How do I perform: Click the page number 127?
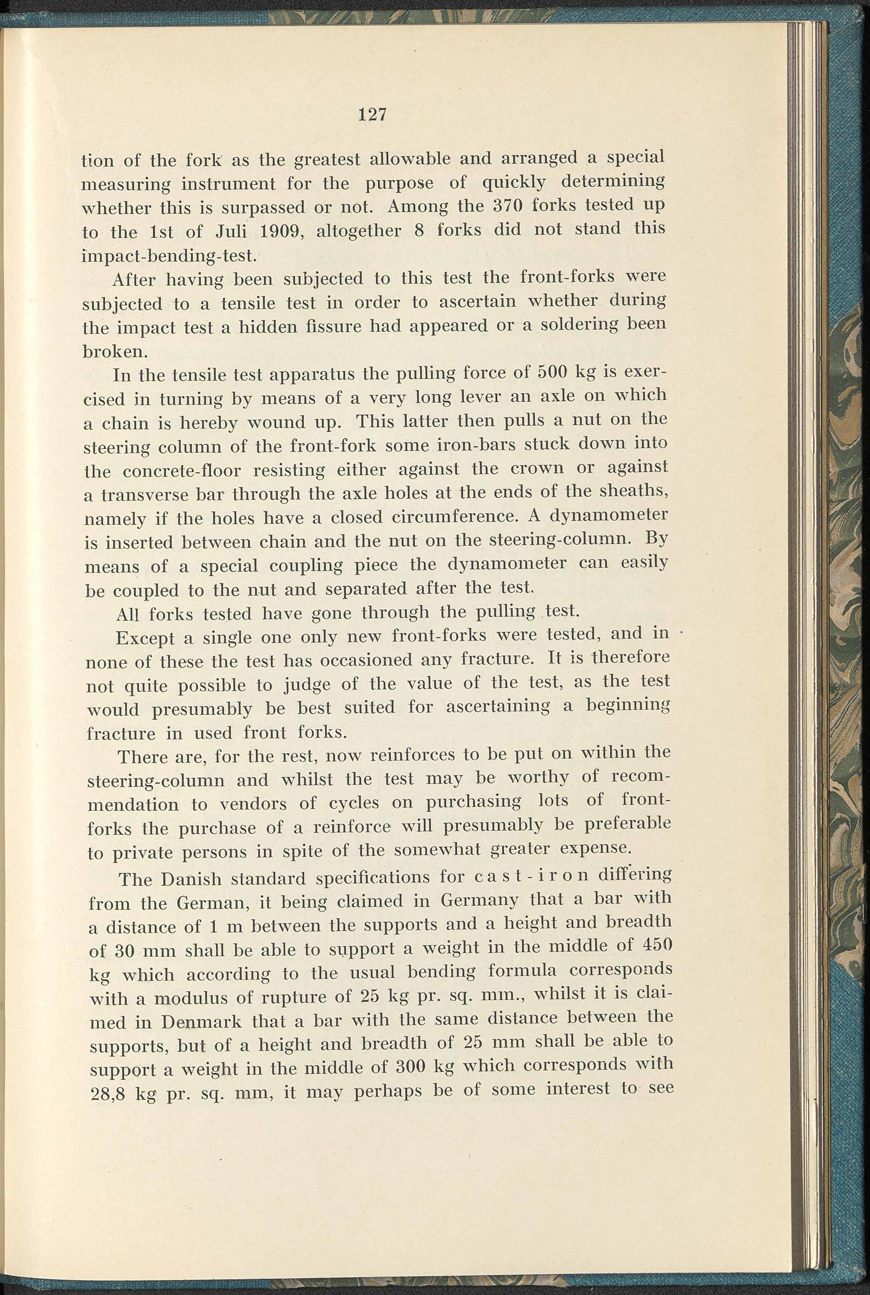[x=372, y=115]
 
